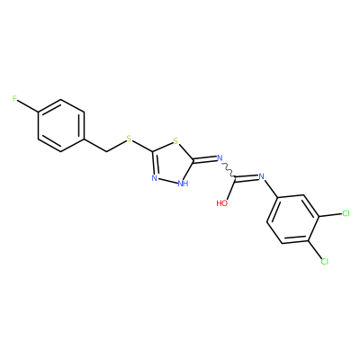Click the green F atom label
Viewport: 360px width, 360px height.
[x=14, y=99]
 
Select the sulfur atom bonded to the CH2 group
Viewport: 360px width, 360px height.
[x=130, y=139]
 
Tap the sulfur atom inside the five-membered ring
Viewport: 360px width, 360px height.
[x=176, y=140]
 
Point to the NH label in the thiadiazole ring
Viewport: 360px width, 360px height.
[x=183, y=184]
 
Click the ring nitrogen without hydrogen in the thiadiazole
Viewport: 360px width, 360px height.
[x=155, y=178]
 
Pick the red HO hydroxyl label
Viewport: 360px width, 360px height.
[x=222, y=203]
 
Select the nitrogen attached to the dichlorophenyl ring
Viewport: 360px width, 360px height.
[x=261, y=176]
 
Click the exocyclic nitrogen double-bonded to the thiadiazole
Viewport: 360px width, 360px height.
[x=220, y=157]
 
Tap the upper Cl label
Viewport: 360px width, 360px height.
[x=346, y=213]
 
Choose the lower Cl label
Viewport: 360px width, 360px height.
[x=325, y=262]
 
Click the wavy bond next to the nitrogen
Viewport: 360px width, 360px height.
[x=229, y=170]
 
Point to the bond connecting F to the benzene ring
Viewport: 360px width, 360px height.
[x=28, y=106]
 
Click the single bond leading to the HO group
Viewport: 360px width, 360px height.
[x=231, y=189]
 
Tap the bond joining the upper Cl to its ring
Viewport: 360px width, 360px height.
[x=330, y=215]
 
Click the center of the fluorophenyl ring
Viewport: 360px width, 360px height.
[x=61, y=126]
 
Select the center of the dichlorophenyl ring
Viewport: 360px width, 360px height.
[x=292, y=220]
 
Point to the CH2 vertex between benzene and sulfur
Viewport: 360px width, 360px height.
[x=107, y=152]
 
